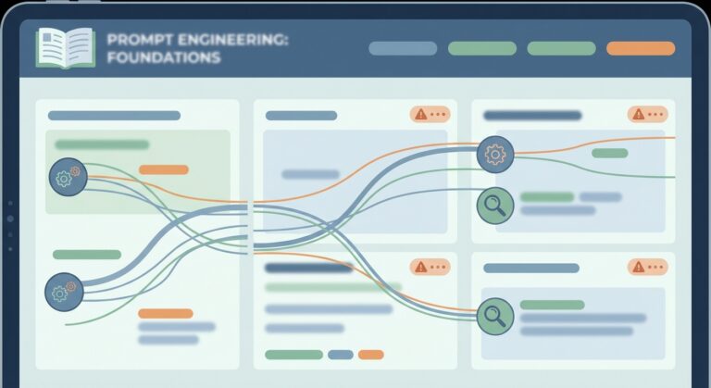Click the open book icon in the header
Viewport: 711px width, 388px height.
pos(65,47)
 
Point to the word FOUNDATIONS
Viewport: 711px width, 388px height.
pos(164,58)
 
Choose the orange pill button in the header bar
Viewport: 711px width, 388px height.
pos(641,48)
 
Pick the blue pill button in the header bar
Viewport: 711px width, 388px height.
pos(403,48)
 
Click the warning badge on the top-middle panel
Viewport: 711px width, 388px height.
pos(430,115)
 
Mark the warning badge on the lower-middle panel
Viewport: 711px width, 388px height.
pos(430,268)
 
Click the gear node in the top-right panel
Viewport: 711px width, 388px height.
pos(495,154)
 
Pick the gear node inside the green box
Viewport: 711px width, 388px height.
pos(68,176)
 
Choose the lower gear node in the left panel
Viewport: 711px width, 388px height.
pos(64,292)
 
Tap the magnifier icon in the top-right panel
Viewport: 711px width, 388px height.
pos(495,205)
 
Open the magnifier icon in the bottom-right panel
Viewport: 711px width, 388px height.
pos(495,316)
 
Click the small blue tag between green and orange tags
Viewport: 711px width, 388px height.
pos(341,355)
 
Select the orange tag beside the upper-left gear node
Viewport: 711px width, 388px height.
pos(164,169)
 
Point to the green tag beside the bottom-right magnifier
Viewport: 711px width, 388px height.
pos(552,305)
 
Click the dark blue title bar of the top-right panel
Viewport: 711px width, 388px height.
pos(532,116)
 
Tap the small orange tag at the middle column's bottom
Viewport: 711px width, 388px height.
pos(370,355)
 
